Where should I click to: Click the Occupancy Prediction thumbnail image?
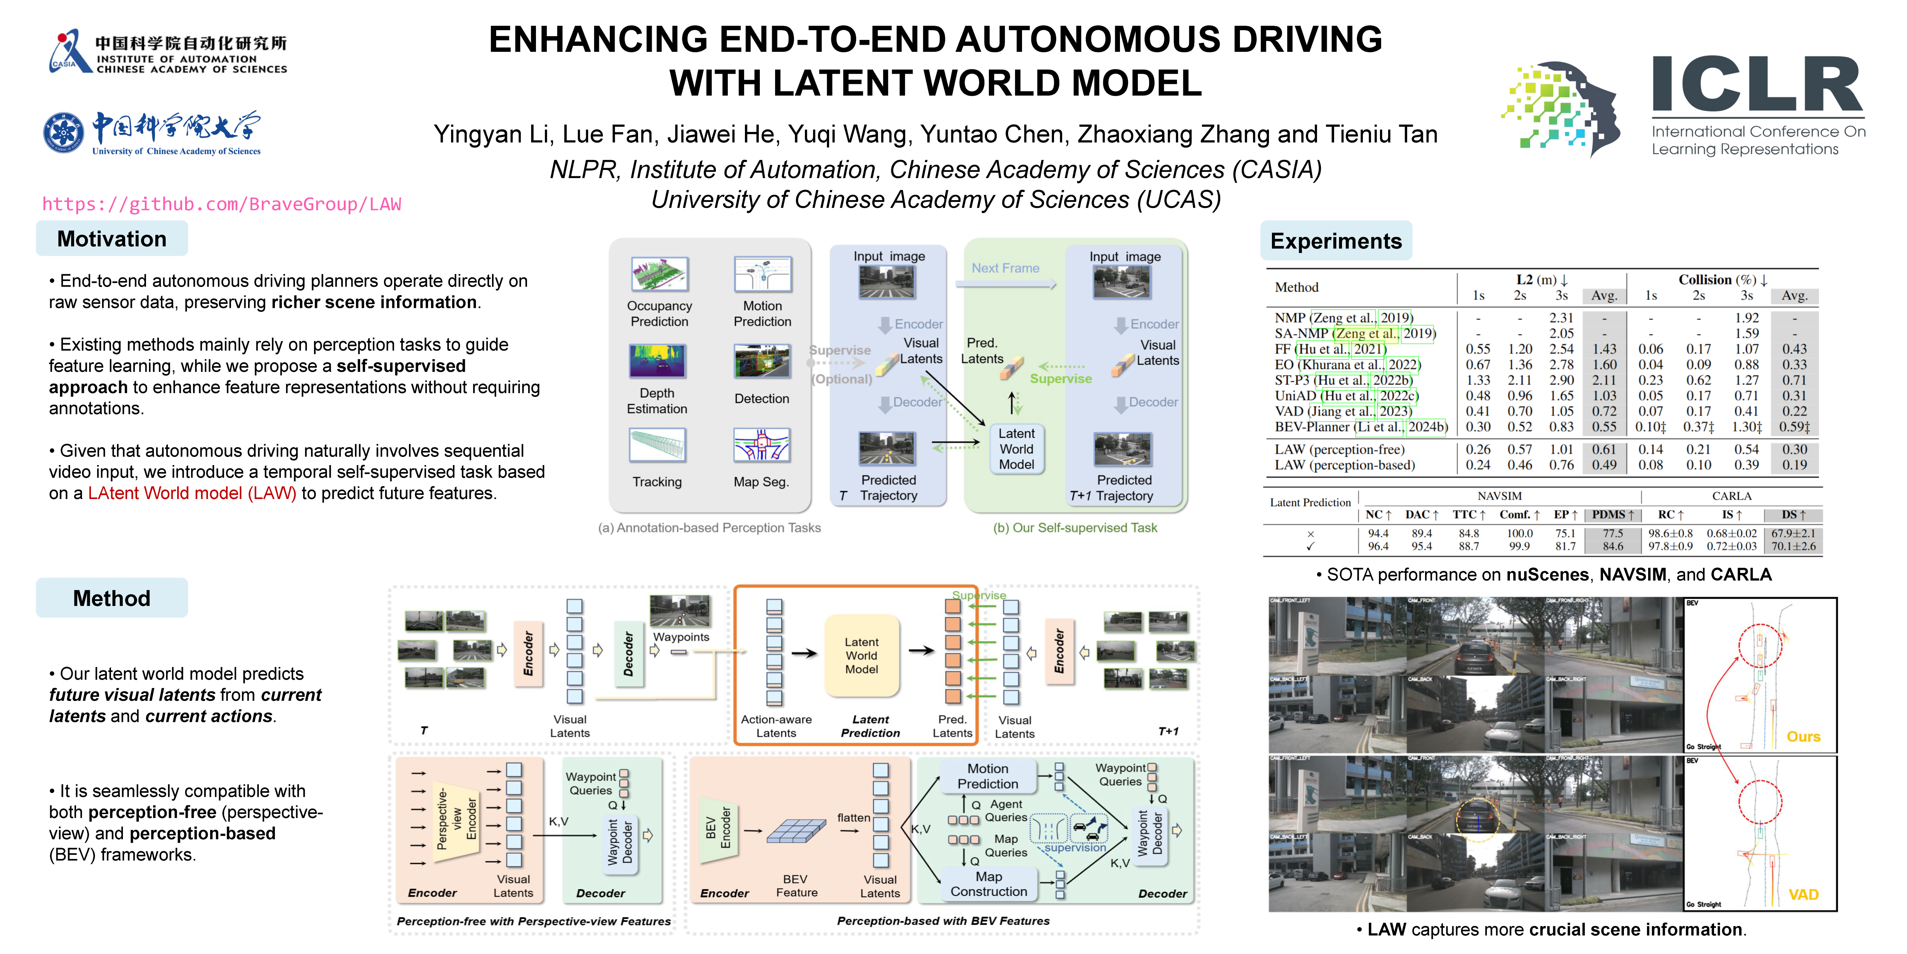coord(660,274)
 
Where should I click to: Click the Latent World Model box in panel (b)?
coord(1016,449)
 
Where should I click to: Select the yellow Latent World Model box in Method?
coord(862,656)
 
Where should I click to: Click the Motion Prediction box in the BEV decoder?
coord(987,776)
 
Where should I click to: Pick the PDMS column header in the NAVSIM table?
coord(1612,515)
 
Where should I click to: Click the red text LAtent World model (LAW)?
coord(192,493)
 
